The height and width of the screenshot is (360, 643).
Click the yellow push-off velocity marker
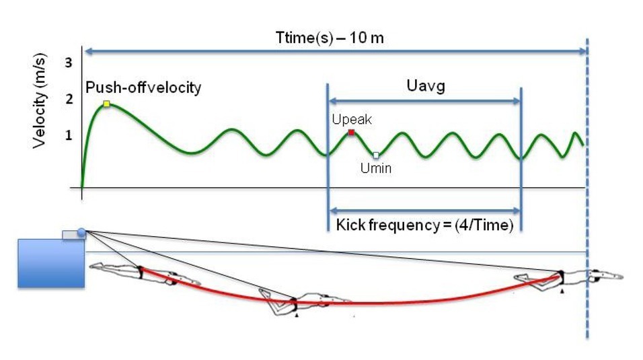pos(106,104)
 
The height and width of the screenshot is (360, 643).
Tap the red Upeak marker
pos(351,132)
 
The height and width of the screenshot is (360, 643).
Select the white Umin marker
pos(376,155)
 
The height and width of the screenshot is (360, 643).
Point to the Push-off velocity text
pos(143,88)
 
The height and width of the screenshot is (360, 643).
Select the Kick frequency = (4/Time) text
pos(424,225)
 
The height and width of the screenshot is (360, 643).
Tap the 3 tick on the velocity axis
pos(68,63)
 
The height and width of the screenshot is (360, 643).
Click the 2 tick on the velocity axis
pos(68,100)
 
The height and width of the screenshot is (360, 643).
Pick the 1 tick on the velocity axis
pos(68,136)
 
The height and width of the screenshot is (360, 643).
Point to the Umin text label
pos(375,169)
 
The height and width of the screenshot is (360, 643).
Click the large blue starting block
pos(50,263)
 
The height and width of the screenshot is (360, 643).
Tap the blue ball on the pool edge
pos(82,233)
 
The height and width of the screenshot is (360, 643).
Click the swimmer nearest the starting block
pos(138,273)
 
